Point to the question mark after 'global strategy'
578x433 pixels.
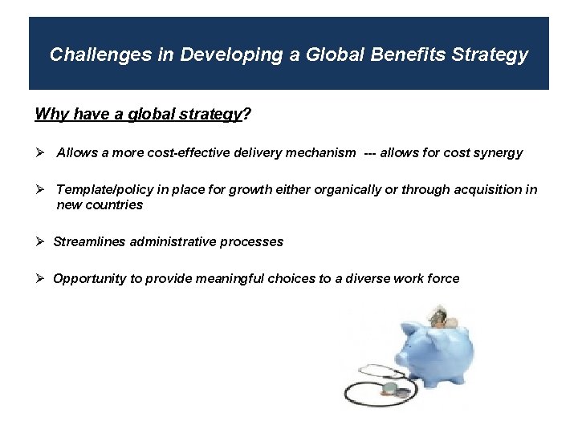pos(246,114)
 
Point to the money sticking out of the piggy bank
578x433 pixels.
pos(441,314)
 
